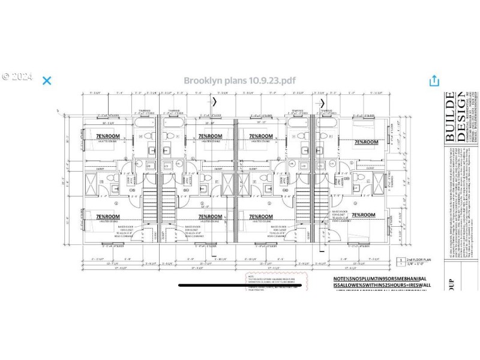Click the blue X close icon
click(x=46, y=80)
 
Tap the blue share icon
click(x=433, y=80)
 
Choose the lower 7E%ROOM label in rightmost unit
click(x=363, y=214)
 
